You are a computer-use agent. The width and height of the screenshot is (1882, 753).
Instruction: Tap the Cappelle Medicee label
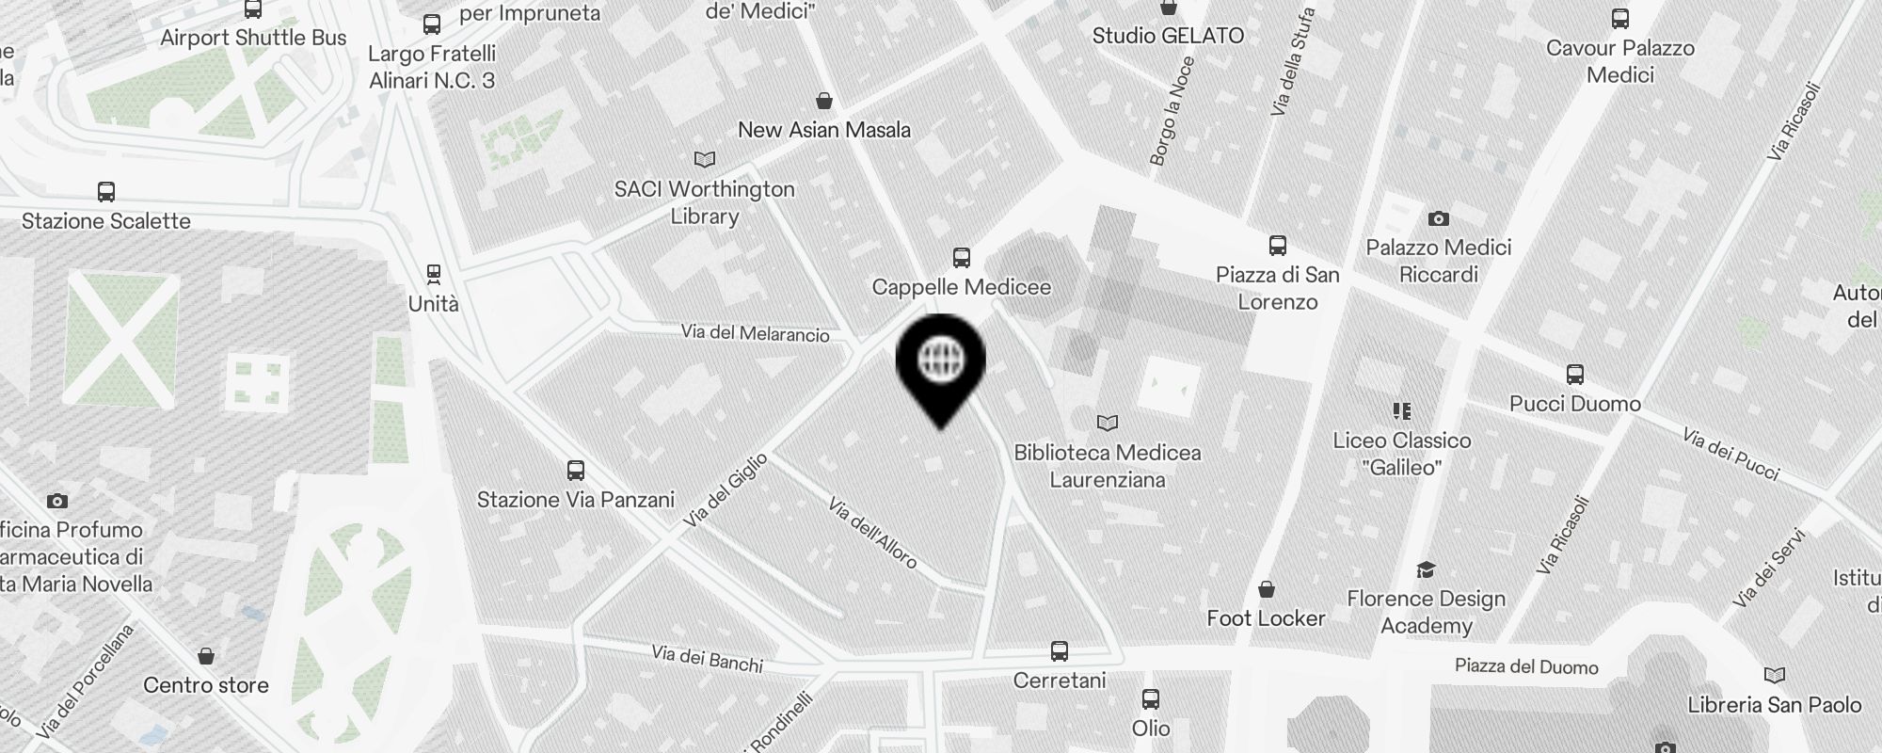tap(961, 287)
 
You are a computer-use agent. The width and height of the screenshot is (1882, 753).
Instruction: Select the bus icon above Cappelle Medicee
tap(961, 257)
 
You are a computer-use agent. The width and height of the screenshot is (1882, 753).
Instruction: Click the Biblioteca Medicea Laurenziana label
tap(1107, 466)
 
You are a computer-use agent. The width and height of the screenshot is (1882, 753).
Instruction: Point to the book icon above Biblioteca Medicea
tap(1108, 423)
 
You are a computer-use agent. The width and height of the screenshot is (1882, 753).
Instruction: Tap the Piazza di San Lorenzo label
tap(1277, 288)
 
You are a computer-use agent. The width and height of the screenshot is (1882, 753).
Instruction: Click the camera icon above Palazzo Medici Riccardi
tap(1438, 218)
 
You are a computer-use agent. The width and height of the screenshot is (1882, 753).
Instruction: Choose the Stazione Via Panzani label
tap(575, 499)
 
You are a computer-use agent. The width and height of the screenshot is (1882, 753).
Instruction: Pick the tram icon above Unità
tap(433, 274)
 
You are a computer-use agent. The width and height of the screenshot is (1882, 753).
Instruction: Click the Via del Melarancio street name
tap(756, 333)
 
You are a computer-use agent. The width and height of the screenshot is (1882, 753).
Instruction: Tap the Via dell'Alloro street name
tap(872, 533)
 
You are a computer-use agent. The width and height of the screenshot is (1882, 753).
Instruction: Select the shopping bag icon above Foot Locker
tap(1267, 589)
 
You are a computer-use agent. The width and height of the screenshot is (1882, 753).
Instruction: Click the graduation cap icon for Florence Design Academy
tap(1426, 569)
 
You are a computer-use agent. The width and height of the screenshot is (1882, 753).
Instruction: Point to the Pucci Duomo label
tap(1574, 404)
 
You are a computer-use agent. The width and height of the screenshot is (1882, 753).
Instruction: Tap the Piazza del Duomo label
tap(1526, 667)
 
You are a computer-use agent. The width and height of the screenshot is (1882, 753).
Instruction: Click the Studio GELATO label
tap(1168, 36)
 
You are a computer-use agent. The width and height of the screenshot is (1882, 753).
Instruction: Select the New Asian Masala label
tap(824, 130)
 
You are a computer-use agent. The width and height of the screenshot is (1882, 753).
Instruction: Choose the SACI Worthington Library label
tap(705, 202)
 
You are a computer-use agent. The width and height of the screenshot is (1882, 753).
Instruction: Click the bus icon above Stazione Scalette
tap(106, 192)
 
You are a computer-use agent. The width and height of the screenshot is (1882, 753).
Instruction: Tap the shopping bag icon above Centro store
tap(206, 655)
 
